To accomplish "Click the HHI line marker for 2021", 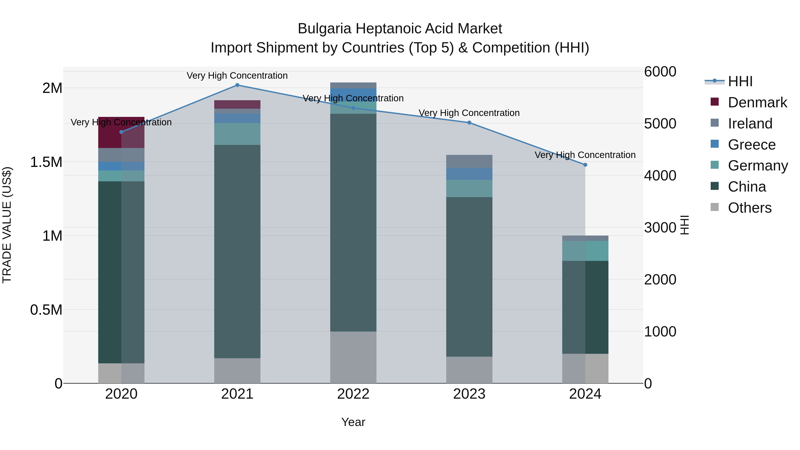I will [x=237, y=85].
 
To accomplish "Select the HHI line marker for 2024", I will [x=585, y=165].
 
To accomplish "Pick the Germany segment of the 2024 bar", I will [x=585, y=251].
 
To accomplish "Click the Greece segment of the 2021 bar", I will [x=237, y=118].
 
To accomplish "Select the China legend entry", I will [x=747, y=187].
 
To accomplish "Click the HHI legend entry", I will [x=740, y=81].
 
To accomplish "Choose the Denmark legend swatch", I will [x=715, y=102].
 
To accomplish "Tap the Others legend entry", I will [x=749, y=208].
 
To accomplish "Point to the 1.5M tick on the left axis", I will [x=46, y=162].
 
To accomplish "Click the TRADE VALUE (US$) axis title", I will [x=7, y=225].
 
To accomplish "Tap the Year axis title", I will [x=353, y=422].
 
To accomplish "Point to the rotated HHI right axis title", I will [x=684, y=225].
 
